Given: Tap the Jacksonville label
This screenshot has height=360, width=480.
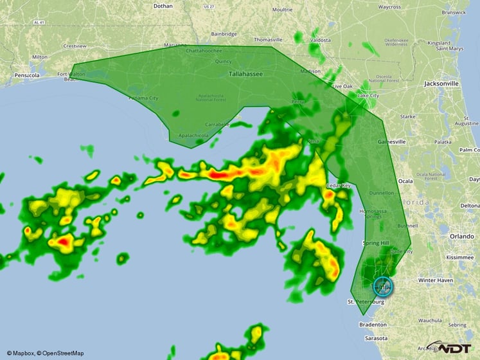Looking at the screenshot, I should pyautogui.click(x=441, y=84).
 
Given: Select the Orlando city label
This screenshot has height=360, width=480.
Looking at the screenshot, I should pyautogui.click(x=461, y=236).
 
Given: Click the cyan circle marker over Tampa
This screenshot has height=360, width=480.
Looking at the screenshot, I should pyautogui.click(x=382, y=287).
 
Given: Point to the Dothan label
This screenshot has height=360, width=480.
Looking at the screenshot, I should pyautogui.click(x=163, y=6).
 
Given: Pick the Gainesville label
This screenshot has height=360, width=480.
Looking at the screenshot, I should pyautogui.click(x=391, y=141).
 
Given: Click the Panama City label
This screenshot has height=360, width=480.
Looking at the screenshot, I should pyautogui.click(x=143, y=98).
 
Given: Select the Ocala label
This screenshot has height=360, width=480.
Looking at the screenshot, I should pyautogui.click(x=405, y=181).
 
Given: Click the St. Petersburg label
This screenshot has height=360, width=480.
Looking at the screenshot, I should pyautogui.click(x=366, y=301).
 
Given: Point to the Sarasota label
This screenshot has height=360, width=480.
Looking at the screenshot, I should pyautogui.click(x=376, y=338).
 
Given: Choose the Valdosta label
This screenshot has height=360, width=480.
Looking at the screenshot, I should pyautogui.click(x=320, y=40).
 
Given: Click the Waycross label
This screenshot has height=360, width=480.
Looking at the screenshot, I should pyautogui.click(x=389, y=7).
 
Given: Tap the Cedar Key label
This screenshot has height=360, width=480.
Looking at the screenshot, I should pyautogui.click(x=338, y=185).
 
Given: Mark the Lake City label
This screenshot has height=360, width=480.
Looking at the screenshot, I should pyautogui.click(x=368, y=96).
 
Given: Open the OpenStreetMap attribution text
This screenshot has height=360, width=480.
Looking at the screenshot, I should pyautogui.click(x=60, y=353).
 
